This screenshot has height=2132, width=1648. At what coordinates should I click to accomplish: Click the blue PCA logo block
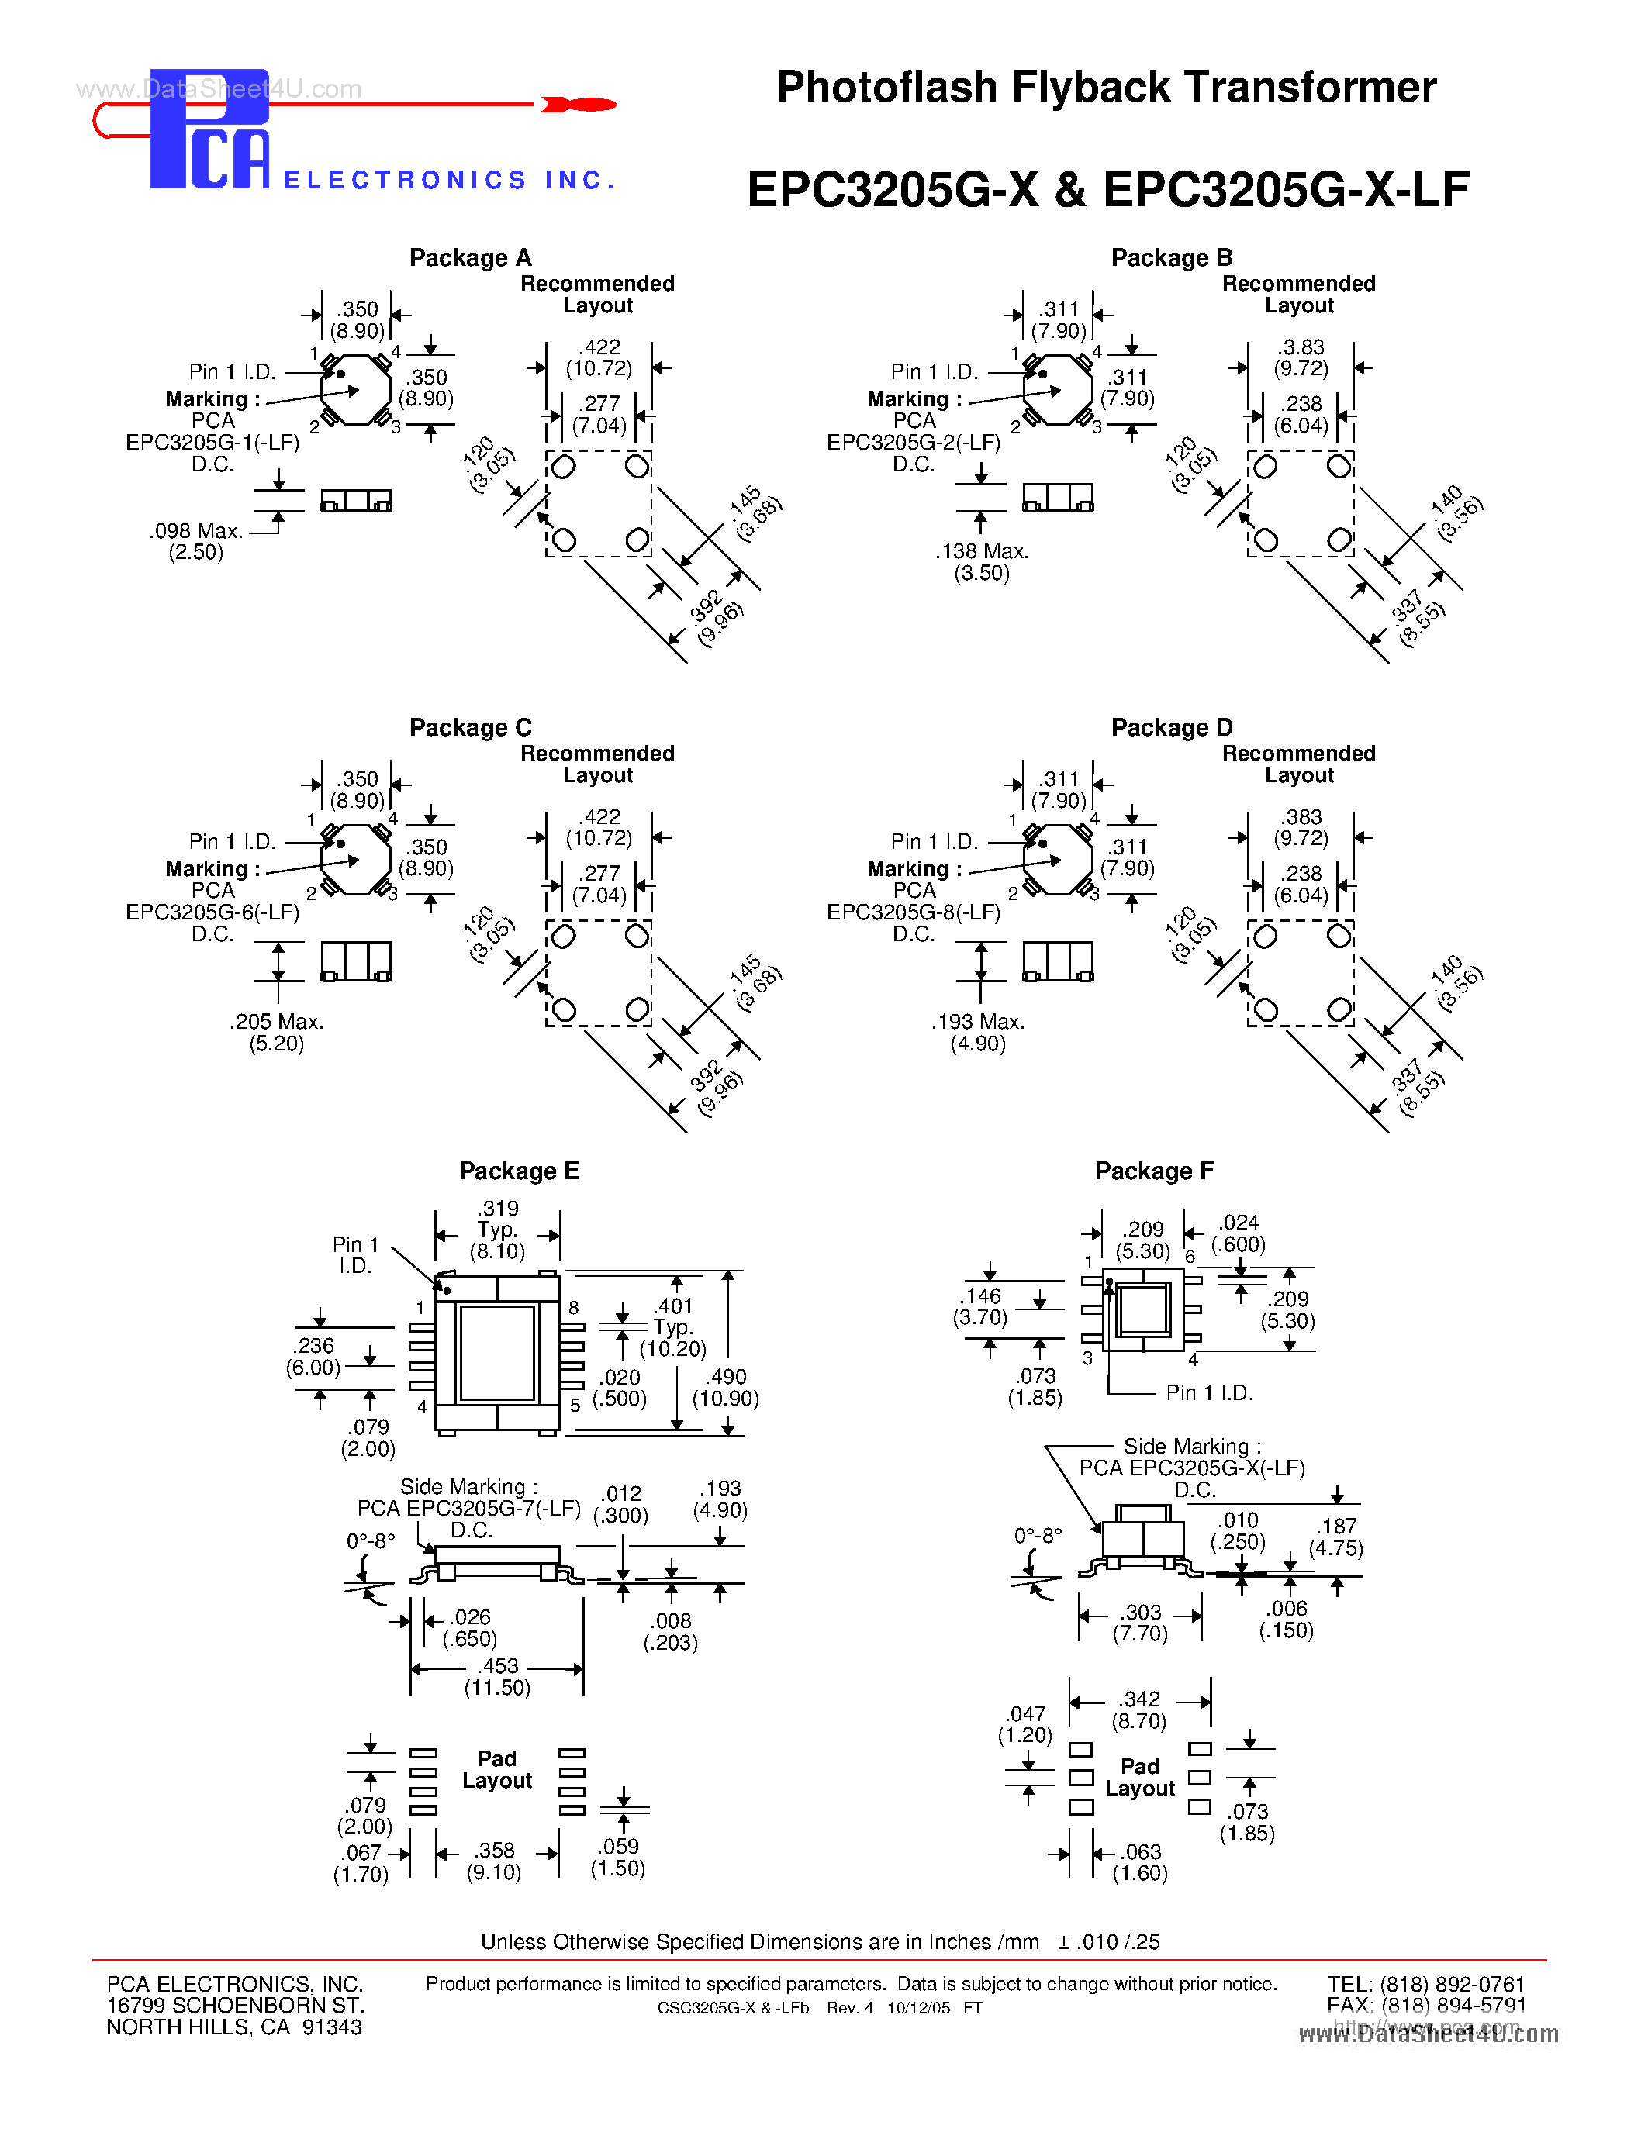209,129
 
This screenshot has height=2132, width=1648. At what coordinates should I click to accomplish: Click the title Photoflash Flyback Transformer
1105,88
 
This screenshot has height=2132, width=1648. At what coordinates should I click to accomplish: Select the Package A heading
470,257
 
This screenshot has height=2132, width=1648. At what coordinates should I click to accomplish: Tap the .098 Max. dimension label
195,531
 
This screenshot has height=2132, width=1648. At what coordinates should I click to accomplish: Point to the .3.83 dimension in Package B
1301,347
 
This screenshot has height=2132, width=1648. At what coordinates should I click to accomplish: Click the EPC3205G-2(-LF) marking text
913,442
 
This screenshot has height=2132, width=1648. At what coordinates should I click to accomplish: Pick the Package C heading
470,727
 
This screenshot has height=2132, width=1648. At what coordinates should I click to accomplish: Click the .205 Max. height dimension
276,1022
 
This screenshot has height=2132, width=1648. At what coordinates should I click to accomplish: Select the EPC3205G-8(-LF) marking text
913,912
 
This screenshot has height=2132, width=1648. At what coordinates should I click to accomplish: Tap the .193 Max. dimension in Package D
977,1022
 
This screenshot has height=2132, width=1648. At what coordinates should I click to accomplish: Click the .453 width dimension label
498,1666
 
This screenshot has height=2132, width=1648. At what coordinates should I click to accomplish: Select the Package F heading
1153,1171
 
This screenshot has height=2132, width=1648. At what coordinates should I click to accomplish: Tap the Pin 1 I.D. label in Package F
1209,1393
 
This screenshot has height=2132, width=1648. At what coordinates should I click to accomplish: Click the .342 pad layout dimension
1139,1699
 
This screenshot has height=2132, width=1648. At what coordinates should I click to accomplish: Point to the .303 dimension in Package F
1140,1613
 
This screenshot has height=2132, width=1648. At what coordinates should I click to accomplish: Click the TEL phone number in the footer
1425,1985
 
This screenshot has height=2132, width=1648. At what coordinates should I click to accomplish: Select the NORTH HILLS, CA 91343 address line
234,2027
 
